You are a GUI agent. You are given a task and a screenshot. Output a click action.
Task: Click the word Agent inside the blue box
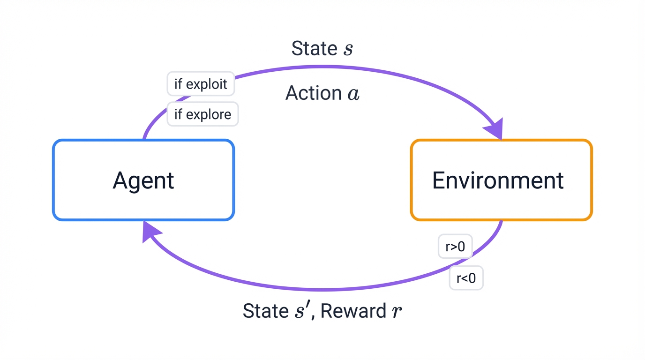click(143, 180)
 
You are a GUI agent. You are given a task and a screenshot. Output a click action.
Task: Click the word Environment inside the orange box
click(497, 180)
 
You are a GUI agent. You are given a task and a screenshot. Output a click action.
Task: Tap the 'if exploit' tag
click(201, 84)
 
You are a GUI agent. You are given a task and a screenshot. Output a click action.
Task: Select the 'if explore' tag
click(202, 114)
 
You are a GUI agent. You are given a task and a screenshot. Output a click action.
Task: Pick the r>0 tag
click(455, 247)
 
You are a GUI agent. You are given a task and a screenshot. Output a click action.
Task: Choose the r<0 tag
click(466, 278)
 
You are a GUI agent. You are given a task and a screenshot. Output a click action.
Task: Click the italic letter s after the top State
click(347, 49)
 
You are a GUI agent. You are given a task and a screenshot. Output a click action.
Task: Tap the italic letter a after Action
click(353, 94)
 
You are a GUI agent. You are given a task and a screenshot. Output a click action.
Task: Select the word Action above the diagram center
click(313, 93)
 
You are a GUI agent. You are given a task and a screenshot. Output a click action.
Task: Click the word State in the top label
click(314, 48)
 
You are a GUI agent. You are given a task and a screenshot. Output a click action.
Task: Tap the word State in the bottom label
click(265, 311)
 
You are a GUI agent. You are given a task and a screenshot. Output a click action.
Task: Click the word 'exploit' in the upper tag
click(207, 84)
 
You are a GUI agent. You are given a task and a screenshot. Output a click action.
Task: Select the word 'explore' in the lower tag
click(209, 114)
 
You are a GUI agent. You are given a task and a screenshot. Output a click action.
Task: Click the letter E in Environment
click(438, 180)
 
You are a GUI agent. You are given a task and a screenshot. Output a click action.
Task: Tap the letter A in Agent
click(120, 180)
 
